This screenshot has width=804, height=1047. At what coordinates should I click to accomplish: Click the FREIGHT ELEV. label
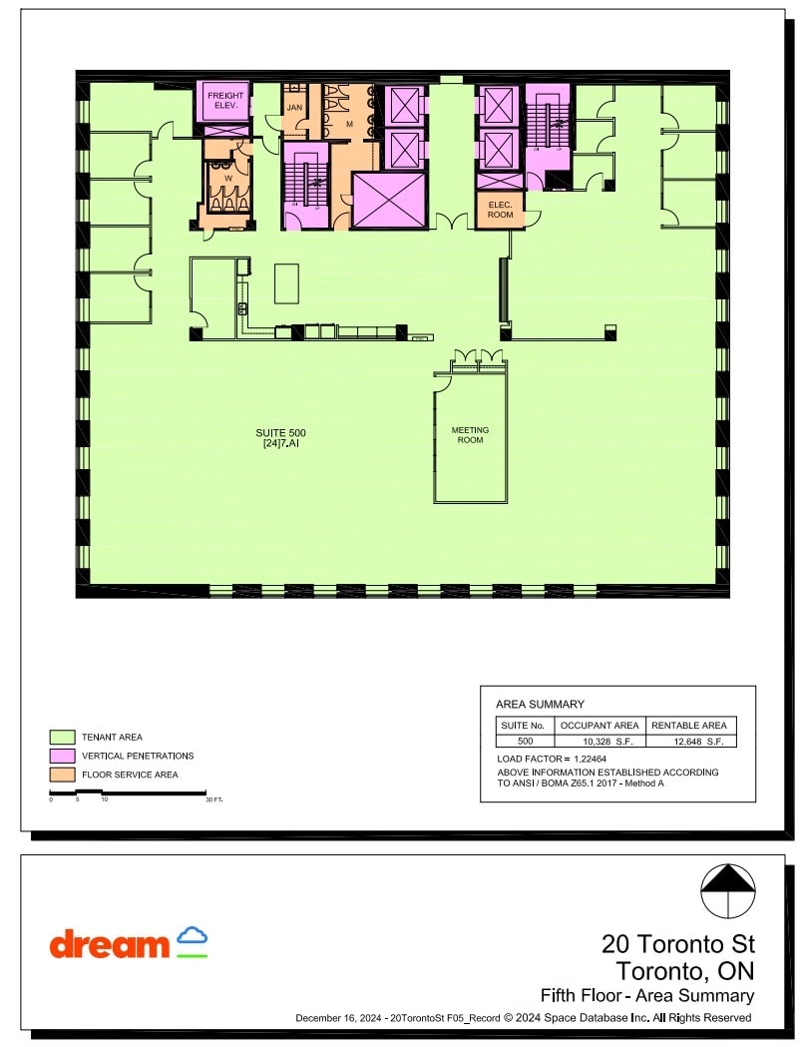coord(225,101)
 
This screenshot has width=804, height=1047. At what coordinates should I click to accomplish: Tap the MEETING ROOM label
coord(470,435)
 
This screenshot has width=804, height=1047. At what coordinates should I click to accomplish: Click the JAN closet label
coord(294,107)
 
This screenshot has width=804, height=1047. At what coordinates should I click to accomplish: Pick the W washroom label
coord(228,179)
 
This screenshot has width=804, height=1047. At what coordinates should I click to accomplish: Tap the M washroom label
coord(349,123)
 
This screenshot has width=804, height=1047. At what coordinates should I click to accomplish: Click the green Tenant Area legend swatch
coord(62,737)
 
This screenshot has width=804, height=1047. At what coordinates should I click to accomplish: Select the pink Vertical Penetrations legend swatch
coord(62,756)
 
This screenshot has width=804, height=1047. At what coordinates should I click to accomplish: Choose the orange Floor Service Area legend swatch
coord(62,774)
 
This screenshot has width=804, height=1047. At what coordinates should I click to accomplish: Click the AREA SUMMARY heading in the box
coord(540,704)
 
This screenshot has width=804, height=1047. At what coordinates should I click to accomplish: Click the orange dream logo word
coord(110,944)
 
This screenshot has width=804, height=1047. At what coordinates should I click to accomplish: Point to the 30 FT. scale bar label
coord(213,800)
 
